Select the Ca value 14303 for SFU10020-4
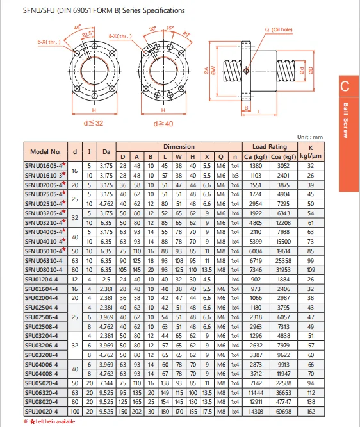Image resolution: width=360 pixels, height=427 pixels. (x=256, y=411)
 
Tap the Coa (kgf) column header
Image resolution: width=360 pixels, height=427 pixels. (x=283, y=156)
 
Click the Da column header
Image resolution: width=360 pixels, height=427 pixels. (x=106, y=152)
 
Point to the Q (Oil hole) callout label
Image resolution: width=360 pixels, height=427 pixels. (x=279, y=29)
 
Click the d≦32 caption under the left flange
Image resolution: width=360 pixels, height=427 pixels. (x=94, y=123)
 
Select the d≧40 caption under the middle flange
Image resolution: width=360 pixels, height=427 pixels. (x=163, y=124)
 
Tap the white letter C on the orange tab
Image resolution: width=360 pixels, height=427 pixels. (x=345, y=87)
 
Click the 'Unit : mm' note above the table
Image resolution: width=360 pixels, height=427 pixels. (x=310, y=137)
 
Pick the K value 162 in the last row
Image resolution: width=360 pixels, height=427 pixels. (x=311, y=411)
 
